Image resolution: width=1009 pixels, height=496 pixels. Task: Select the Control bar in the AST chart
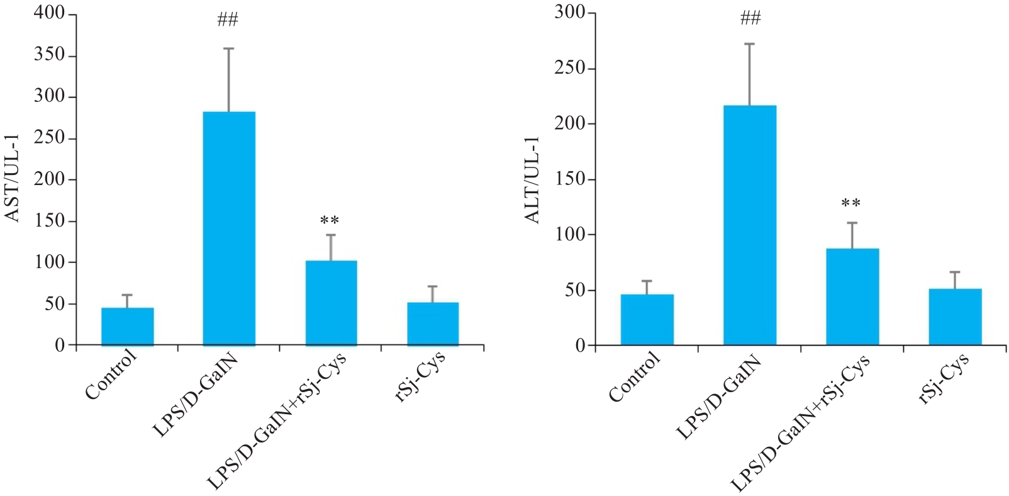point(127,327)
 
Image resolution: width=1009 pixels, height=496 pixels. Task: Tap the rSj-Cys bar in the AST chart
point(433,324)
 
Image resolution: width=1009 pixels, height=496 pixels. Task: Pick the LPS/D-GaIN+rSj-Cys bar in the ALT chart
point(852,296)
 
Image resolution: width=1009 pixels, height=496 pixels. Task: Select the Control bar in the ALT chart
point(647,320)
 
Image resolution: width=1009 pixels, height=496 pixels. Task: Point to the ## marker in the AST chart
point(228,21)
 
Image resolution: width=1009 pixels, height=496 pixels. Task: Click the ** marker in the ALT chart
point(851,204)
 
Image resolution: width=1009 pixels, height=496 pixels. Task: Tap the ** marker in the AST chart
point(330,221)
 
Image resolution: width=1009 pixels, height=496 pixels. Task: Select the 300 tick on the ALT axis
point(569,13)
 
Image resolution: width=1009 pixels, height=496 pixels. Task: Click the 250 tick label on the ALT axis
point(569,68)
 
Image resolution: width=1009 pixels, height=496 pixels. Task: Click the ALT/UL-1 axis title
point(533,179)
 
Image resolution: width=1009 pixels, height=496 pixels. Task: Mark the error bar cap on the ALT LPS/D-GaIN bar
point(750,44)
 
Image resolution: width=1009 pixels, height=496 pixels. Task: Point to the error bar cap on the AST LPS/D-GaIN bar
point(228,48)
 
